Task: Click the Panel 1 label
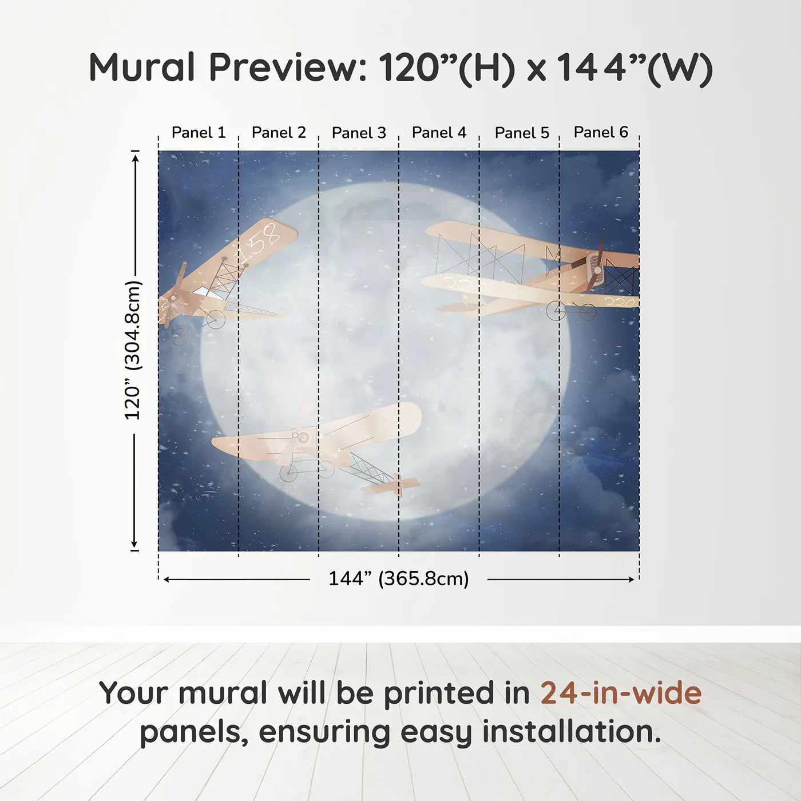[199, 133]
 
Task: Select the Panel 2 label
[279, 133]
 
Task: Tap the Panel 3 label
[359, 133]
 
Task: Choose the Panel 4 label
[439, 133]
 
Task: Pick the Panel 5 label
[522, 133]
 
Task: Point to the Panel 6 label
[601, 132]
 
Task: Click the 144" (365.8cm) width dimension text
[399, 578]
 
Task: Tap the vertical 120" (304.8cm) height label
[133, 350]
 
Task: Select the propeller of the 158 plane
[175, 296]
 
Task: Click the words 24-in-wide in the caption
[621, 693]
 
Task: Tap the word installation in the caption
[571, 732]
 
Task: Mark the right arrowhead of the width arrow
[631, 580]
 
